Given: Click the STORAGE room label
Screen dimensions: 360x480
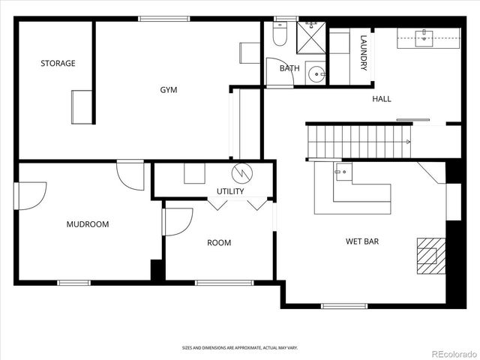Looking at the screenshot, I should pyautogui.click(x=58, y=64).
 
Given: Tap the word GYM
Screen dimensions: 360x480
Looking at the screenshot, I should pyautogui.click(x=169, y=90).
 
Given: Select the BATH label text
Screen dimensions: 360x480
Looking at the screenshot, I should pyautogui.click(x=289, y=68).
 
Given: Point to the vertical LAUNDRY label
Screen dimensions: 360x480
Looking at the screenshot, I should pyautogui.click(x=364, y=53).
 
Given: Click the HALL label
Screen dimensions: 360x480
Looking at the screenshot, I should pyautogui.click(x=382, y=99).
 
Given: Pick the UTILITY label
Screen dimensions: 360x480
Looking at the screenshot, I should pyautogui.click(x=230, y=191).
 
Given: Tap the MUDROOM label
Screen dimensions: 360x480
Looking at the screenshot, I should pyautogui.click(x=88, y=224).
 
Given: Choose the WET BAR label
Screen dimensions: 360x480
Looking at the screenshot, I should pyautogui.click(x=361, y=241).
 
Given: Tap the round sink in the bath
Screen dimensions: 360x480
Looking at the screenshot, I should pyautogui.click(x=318, y=73).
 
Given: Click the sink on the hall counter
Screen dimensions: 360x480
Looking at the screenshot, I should pyautogui.click(x=425, y=34).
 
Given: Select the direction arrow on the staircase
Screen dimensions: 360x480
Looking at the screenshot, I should pyautogui.click(x=408, y=141).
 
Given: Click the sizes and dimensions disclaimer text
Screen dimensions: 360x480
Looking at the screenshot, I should pyautogui.click(x=239, y=347).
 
